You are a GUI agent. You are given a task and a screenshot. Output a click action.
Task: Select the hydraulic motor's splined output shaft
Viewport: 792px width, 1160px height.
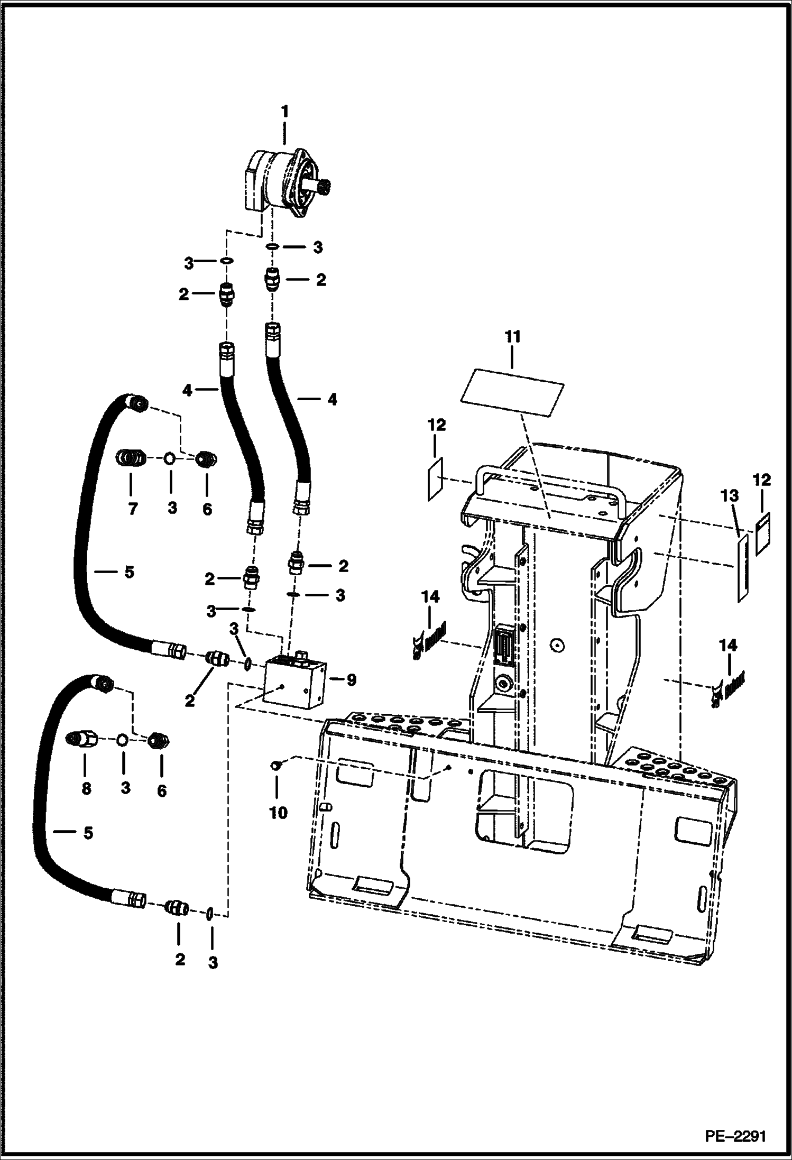(322, 186)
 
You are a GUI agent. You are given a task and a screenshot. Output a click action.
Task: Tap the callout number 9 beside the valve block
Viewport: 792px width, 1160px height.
(351, 680)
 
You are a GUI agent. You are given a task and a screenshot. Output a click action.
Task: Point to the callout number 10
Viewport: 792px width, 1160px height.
(278, 812)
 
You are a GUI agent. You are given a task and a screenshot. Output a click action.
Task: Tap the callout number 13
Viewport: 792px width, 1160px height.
(732, 496)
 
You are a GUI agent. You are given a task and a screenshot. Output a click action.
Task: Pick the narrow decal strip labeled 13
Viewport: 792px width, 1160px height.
(743, 567)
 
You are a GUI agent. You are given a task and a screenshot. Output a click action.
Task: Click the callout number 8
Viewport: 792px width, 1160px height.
(86, 788)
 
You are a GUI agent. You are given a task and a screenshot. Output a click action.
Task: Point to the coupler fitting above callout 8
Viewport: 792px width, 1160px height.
(84, 739)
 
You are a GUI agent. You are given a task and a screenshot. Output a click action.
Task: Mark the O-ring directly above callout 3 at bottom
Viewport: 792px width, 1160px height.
(210, 913)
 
